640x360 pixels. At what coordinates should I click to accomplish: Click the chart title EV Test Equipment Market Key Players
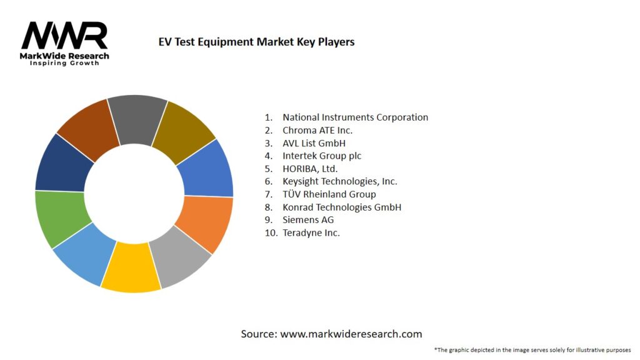click(x=256, y=42)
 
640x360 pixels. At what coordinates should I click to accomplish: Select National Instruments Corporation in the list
click(x=355, y=117)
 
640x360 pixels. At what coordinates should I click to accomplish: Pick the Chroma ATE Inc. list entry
click(x=317, y=130)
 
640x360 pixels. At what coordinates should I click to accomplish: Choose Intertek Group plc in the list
click(x=321, y=156)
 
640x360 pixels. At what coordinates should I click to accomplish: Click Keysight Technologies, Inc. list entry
click(x=339, y=181)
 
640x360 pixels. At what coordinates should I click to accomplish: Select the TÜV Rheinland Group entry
click(x=329, y=194)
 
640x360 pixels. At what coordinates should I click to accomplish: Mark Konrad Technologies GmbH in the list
click(x=341, y=207)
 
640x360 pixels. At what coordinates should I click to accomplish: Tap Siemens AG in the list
click(x=307, y=220)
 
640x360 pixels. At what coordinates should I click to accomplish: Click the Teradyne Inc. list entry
click(x=311, y=232)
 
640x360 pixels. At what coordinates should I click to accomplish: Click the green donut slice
click(x=60, y=218)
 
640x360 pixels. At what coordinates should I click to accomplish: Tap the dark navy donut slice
click(x=64, y=163)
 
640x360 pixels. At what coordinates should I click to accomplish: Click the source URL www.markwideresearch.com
click(x=351, y=334)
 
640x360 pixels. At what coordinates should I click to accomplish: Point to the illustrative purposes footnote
click(x=532, y=349)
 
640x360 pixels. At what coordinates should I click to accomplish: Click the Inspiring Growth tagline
click(x=64, y=64)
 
